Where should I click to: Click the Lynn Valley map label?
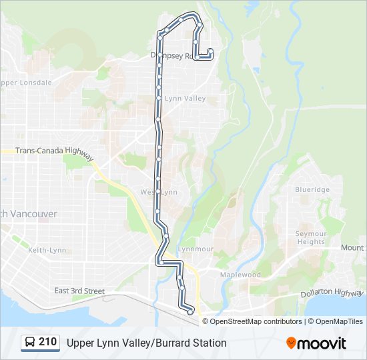click(185, 99)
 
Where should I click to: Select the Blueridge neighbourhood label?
click(312, 190)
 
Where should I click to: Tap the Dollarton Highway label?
click(331, 293)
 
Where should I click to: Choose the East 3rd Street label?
click(79, 291)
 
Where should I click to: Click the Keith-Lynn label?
click(47, 250)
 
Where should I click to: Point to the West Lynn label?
click(159, 192)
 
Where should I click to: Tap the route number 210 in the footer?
click(47, 342)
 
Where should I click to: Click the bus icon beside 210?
click(30, 343)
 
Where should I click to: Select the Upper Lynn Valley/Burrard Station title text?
click(146, 343)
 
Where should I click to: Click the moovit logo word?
click(323, 343)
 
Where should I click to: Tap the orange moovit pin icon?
click(292, 343)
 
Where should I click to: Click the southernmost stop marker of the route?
click(190, 311)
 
